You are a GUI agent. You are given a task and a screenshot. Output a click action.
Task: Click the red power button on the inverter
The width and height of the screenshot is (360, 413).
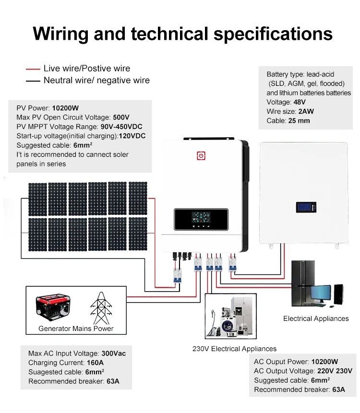click(201, 155)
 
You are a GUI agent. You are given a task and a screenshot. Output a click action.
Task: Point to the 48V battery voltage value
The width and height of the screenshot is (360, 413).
click(300, 102)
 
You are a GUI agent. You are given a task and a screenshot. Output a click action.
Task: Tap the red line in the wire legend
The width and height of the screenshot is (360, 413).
click(33, 69)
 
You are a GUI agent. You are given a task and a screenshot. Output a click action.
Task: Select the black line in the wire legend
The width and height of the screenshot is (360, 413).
click(33, 81)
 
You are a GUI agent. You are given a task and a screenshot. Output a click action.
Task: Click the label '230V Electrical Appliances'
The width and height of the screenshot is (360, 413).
click(234, 349)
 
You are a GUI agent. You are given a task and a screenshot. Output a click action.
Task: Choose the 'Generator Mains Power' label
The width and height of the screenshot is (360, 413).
click(76, 329)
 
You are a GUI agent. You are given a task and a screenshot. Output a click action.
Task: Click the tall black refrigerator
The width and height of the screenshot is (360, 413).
click(302, 284)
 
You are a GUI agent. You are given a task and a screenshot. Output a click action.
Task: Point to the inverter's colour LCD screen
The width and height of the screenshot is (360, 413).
click(201, 217)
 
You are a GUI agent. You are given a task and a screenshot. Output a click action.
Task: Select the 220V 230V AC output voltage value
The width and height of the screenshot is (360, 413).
click(335, 371)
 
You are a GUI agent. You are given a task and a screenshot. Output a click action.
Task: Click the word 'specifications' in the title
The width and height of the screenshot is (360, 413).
click(273, 34)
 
